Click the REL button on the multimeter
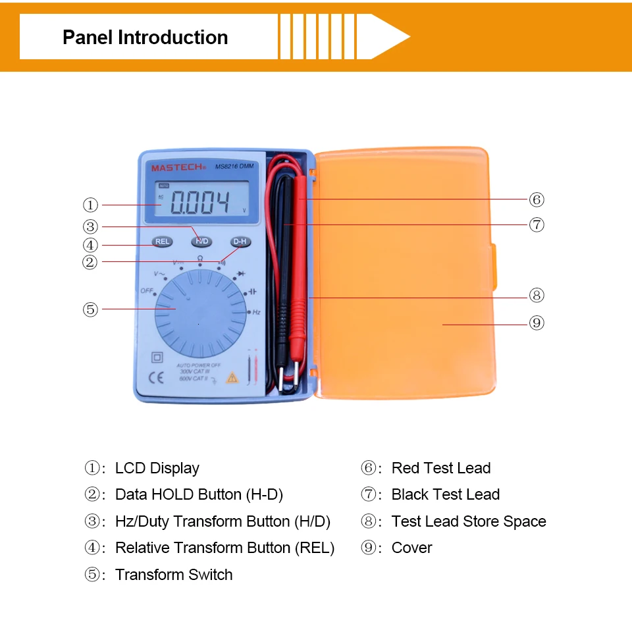tap(163, 242)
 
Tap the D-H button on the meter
tap(240, 242)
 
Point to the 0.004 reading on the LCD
tap(200, 203)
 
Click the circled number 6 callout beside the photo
tap(537, 199)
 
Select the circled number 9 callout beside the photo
tap(537, 323)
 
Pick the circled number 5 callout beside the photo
tap(91, 309)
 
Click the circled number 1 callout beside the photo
tap(91, 205)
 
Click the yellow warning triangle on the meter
tap(232, 378)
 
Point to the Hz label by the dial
tap(257, 312)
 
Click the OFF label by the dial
tap(146, 290)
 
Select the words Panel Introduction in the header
tap(145, 38)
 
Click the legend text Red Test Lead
tap(440, 468)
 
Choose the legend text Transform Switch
tap(174, 575)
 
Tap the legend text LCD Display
tap(157, 468)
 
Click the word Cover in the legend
tap(411, 548)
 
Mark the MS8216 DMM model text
tap(234, 167)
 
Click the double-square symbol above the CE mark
tap(157, 357)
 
